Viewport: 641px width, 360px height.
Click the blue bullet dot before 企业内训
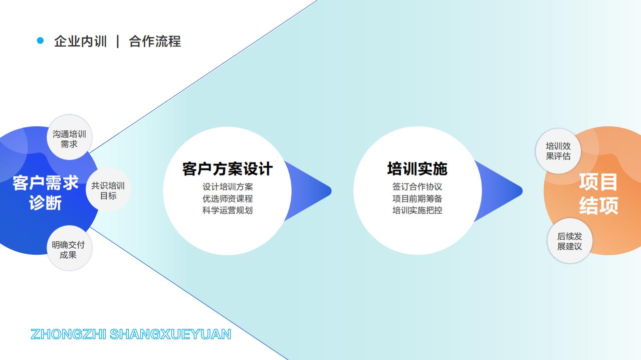pos(41,41)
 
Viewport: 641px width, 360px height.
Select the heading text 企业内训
pos(80,41)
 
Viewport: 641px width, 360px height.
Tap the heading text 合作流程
pos(155,41)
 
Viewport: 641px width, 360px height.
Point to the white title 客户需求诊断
pos(45,193)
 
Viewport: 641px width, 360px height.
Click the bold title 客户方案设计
pos(227,169)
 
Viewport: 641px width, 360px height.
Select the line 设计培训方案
pos(227,187)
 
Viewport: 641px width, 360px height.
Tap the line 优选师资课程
pos(227,199)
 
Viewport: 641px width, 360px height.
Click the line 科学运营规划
pos(227,210)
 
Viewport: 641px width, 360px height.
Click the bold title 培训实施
pos(417,169)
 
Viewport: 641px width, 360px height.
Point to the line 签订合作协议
pos(417,187)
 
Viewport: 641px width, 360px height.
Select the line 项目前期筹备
pos(417,199)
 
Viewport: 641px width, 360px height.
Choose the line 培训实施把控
pos(417,210)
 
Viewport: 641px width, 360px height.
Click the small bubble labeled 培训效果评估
pos(558,151)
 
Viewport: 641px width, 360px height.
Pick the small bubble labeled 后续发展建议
pos(569,241)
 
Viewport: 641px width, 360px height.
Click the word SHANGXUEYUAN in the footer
pos(170,334)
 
